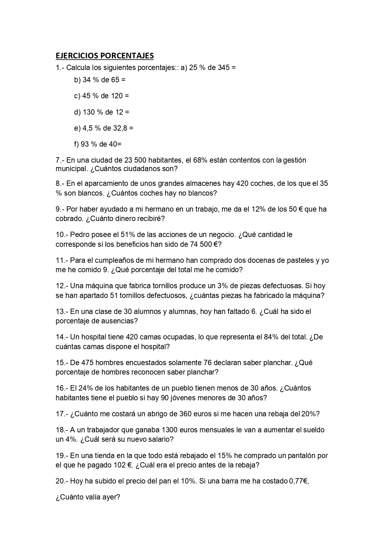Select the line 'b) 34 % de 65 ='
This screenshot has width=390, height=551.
[100, 80]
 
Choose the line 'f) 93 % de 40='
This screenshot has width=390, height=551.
[98, 144]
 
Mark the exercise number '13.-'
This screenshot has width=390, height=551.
[62, 311]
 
